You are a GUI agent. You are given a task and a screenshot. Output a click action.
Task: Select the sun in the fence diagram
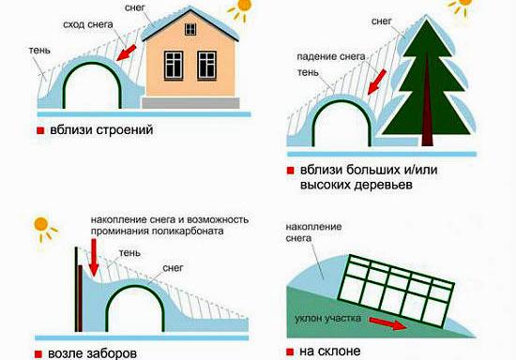coord(41,225)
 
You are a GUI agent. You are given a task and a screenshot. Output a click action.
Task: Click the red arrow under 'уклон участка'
coord(390,325)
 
